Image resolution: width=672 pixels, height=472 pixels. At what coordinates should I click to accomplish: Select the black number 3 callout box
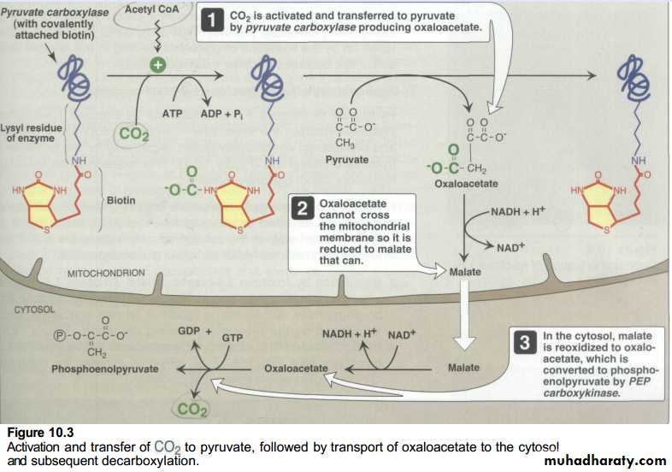pos(525,342)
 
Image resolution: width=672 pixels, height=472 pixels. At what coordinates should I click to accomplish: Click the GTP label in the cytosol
pos(233,338)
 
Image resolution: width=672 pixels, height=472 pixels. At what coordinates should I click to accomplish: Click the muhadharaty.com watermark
pos(604,460)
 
